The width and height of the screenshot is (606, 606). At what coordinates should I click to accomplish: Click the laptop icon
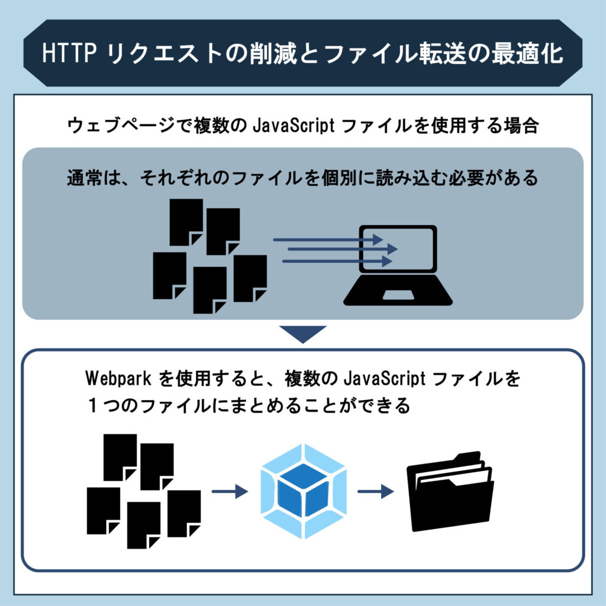[398, 265]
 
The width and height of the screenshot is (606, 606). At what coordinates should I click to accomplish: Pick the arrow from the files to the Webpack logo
[229, 491]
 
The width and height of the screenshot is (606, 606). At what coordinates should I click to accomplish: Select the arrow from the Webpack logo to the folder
[376, 491]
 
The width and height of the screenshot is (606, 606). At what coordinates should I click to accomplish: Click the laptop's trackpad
[398, 295]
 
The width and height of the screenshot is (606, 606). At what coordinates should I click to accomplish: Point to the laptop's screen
[398, 252]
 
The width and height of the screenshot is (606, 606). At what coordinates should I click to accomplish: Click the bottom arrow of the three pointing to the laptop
[337, 260]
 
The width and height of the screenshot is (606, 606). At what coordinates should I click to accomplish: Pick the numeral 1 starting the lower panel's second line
[94, 407]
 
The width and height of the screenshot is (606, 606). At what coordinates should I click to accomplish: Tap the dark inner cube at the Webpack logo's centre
[303, 494]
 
